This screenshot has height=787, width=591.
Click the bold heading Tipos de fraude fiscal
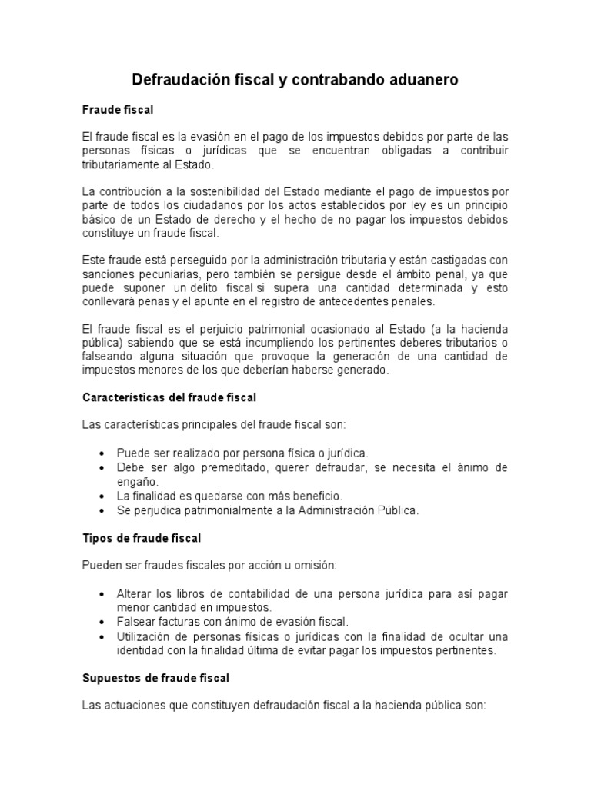(x=142, y=538)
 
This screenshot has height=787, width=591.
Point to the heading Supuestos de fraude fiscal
(x=155, y=679)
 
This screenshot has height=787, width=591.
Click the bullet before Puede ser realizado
(x=102, y=453)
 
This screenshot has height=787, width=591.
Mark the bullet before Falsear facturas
(x=102, y=623)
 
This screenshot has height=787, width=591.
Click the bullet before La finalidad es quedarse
(x=102, y=496)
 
